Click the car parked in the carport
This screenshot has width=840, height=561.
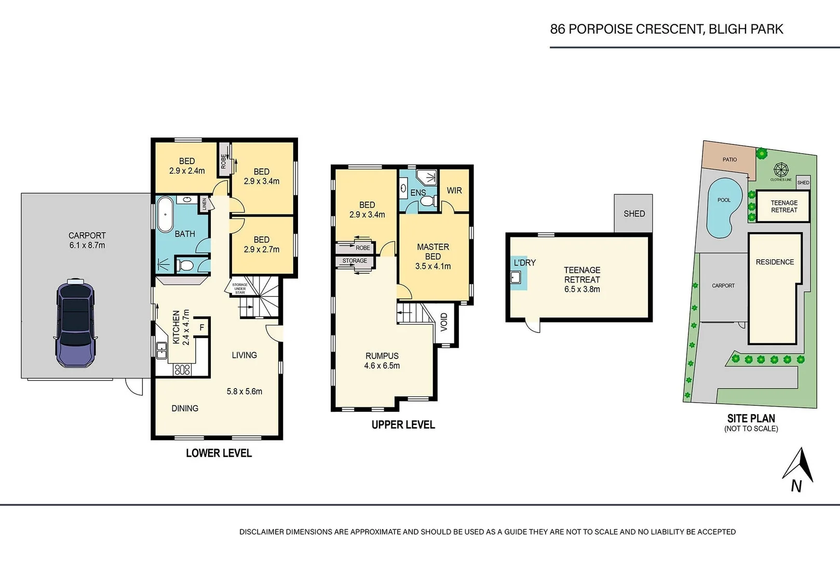tap(75, 323)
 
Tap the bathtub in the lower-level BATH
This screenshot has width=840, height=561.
tap(166, 214)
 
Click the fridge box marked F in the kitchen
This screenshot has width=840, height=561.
tap(202, 327)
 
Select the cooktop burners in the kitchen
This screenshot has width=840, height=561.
tap(183, 370)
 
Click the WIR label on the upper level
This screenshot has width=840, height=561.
tap(454, 191)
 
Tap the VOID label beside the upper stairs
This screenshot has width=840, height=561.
tap(444, 322)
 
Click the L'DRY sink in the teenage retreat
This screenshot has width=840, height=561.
tap(516, 277)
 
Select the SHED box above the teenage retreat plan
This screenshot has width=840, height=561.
tap(633, 213)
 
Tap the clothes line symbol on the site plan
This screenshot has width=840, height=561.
tap(781, 170)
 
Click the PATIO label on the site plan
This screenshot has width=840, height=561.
tap(729, 159)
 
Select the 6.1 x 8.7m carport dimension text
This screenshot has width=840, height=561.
tap(87, 245)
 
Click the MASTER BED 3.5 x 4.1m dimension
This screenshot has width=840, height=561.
tap(433, 266)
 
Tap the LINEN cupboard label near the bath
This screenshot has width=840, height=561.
tap(205, 204)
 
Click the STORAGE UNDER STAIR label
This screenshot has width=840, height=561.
tap(240, 288)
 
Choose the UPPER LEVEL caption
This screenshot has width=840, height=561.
tap(403, 425)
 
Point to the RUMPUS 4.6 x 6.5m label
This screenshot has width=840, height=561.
tap(382, 360)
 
